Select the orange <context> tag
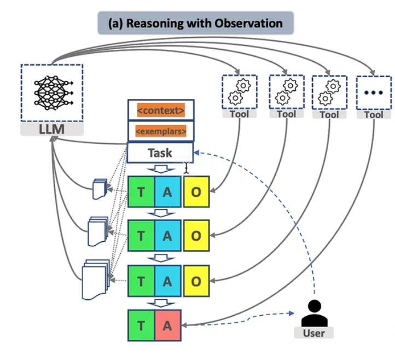(x=160, y=111)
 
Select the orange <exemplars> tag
(x=160, y=132)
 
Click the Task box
(x=160, y=153)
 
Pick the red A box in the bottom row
(x=167, y=326)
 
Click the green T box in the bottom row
(x=141, y=326)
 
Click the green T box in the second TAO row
(x=141, y=236)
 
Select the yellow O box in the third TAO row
(x=196, y=282)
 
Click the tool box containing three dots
(x=374, y=92)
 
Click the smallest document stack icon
(x=99, y=189)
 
